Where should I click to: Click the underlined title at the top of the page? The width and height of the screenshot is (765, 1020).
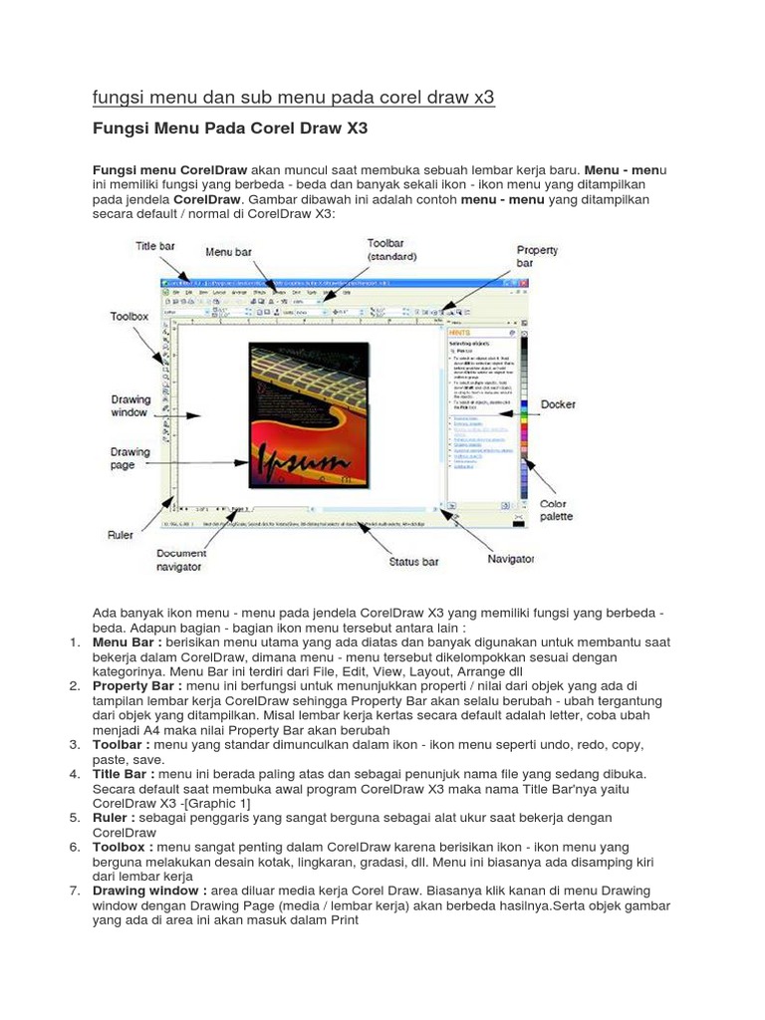click(x=293, y=98)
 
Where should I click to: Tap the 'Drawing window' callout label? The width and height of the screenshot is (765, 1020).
click(x=131, y=406)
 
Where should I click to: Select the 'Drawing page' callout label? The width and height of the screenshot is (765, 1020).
click(x=130, y=458)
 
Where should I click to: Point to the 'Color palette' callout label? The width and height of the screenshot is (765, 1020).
click(x=554, y=511)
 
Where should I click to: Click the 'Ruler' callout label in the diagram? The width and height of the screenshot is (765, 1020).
click(x=121, y=535)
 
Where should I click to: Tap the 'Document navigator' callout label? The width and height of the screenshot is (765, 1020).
click(x=180, y=560)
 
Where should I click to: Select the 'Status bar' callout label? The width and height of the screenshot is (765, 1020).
click(x=413, y=562)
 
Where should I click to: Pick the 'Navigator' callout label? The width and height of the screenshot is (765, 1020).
click(x=511, y=560)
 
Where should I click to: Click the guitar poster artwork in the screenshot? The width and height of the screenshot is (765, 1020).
click(x=299, y=413)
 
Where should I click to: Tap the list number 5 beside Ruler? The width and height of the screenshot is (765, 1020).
click(x=75, y=817)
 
